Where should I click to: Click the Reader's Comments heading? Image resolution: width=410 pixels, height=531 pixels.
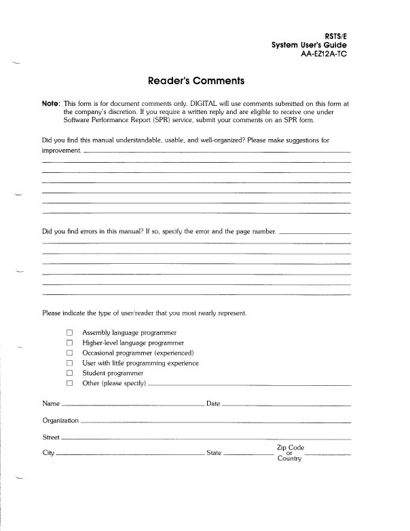[x=195, y=81]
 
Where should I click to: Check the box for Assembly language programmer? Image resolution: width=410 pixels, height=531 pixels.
[x=69, y=333]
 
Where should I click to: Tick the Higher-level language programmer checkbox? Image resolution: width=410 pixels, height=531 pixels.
[x=69, y=343]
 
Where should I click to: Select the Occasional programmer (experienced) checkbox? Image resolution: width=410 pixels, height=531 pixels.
[x=69, y=353]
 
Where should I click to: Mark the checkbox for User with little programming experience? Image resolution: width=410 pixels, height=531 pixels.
[x=69, y=363]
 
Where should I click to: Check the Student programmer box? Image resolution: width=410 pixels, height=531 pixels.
[x=69, y=374]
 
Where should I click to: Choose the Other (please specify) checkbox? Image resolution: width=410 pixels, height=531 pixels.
[x=69, y=384]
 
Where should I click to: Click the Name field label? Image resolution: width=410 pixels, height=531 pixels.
[x=50, y=404]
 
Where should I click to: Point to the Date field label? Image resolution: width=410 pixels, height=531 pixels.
[x=212, y=404]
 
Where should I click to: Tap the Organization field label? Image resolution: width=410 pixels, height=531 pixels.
[x=60, y=420]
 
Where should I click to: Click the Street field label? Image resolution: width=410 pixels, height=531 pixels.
[x=51, y=437]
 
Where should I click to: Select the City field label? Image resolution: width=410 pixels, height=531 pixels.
[x=48, y=453]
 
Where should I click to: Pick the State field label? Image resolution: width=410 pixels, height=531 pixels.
[x=214, y=453]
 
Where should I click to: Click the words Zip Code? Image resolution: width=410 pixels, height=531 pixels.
[x=290, y=448]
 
